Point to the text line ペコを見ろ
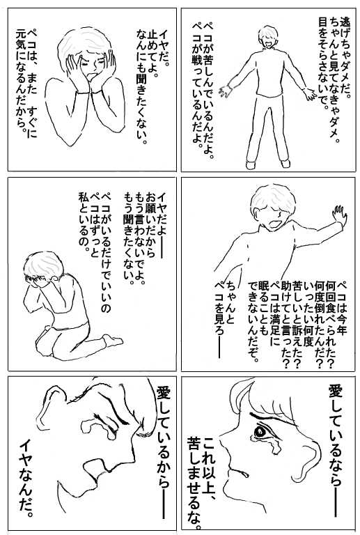click(219, 319)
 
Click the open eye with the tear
click(260, 433)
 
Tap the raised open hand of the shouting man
click(338, 216)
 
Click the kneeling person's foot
click(114, 340)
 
